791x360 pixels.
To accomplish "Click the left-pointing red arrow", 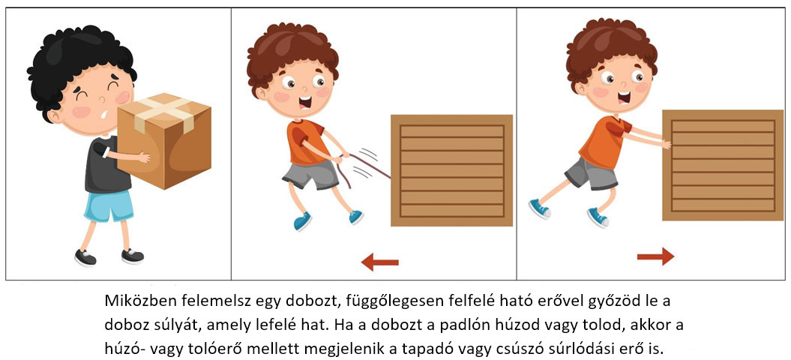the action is coord(380,262).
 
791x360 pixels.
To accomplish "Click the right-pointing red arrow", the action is coord(656,256).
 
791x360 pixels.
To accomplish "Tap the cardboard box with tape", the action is coord(164,140).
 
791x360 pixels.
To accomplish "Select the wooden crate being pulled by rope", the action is coord(451,171).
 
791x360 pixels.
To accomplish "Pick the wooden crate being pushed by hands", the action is coord(722,165).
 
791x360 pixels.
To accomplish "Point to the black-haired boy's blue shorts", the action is coord(109,206).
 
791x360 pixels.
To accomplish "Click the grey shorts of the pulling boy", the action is coord(310,174).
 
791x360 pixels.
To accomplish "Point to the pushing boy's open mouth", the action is coord(624,97).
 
